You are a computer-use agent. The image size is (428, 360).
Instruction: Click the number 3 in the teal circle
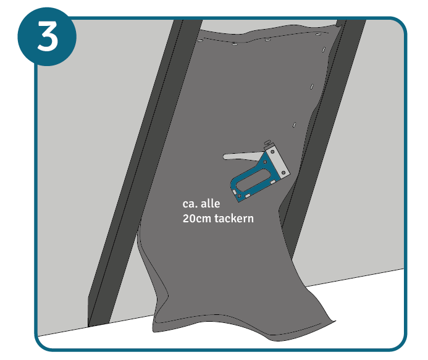tap(47, 36)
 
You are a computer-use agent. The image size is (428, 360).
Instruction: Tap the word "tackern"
tap(234, 219)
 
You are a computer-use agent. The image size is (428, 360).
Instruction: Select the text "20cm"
tap(197, 219)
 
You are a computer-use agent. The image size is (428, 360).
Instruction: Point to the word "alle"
tap(210, 204)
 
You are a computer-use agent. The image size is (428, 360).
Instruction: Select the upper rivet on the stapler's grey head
tap(272, 151)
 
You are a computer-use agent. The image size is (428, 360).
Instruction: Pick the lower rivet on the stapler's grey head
tap(283, 172)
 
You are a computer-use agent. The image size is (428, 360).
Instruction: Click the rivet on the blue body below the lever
tap(264, 162)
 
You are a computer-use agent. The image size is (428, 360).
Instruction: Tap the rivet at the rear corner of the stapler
tap(240, 196)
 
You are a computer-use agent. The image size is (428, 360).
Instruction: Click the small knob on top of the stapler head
tap(268, 143)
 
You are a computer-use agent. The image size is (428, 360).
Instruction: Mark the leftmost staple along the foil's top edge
tap(200, 41)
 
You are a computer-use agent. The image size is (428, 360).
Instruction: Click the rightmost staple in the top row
tap(318, 34)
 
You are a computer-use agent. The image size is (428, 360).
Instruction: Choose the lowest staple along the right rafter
tap(294, 125)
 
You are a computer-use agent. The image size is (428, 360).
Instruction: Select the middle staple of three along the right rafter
tap(312, 86)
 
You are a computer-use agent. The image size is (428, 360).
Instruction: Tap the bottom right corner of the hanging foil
tap(335, 321)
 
